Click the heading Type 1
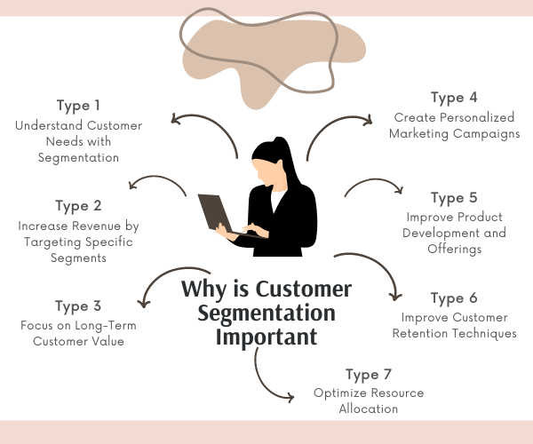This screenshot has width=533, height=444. [x=78, y=106]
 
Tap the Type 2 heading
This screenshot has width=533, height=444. [x=78, y=206]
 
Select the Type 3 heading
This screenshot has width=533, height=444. [x=78, y=306]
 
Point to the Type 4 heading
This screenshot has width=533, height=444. [x=454, y=98]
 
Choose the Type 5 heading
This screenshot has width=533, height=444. [x=454, y=198]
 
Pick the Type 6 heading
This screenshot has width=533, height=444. [x=454, y=298]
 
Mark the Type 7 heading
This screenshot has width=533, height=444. [x=369, y=375]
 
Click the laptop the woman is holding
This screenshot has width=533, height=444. [x=218, y=214]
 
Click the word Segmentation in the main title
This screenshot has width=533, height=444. [x=266, y=313]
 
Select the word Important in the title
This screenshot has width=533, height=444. [x=266, y=337]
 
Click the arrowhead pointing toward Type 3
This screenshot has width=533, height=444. [x=143, y=304]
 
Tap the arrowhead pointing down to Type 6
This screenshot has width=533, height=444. [x=395, y=297]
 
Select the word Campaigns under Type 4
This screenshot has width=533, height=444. [x=487, y=134]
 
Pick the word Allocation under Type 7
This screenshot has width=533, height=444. [x=369, y=408]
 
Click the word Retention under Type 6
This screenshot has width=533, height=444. [x=418, y=334]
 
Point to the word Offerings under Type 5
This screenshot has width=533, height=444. [x=455, y=249]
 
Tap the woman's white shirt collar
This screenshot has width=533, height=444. [x=277, y=200]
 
